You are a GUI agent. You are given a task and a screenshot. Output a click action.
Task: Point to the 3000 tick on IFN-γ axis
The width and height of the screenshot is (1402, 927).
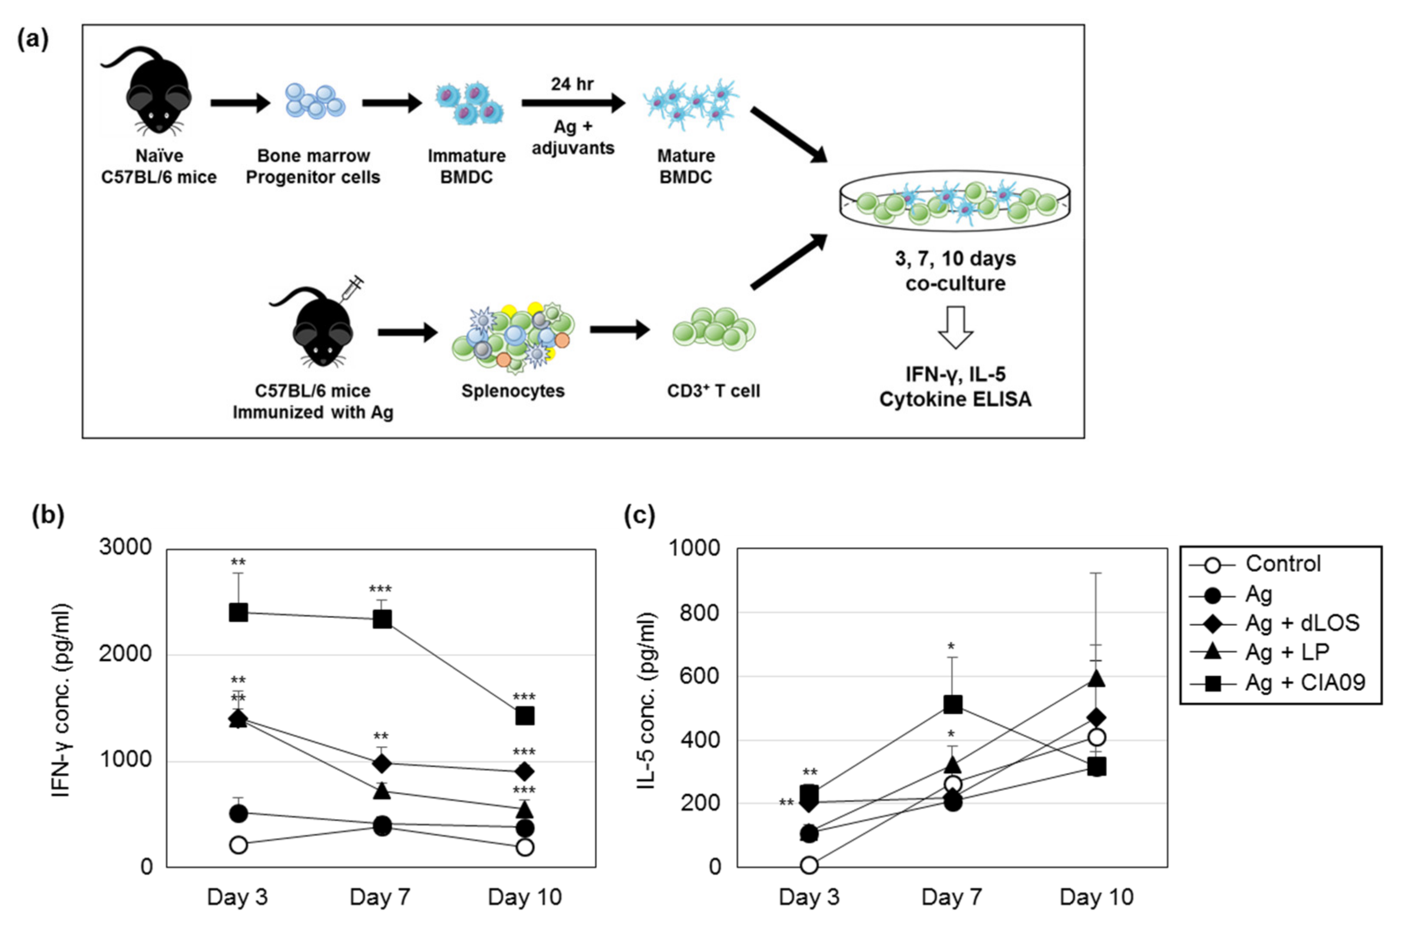pyautogui.click(x=126, y=547)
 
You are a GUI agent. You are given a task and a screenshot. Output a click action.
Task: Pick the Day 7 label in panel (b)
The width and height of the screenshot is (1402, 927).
pyautogui.click(x=380, y=897)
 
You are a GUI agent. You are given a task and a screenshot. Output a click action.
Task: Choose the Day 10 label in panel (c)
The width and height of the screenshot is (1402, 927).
pyautogui.click(x=1096, y=897)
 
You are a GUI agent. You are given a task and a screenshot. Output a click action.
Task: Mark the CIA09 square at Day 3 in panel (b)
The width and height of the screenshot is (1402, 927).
pyautogui.click(x=238, y=612)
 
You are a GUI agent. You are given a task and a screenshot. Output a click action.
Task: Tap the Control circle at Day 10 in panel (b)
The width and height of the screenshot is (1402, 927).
pyautogui.click(x=524, y=847)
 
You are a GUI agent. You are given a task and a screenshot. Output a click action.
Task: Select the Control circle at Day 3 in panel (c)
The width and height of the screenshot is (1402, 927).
pyautogui.click(x=809, y=865)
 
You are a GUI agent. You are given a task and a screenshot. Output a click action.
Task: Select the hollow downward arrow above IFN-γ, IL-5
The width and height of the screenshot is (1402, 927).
pyautogui.click(x=956, y=327)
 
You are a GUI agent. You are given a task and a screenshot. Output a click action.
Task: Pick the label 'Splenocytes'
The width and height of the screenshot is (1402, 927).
pyautogui.click(x=513, y=391)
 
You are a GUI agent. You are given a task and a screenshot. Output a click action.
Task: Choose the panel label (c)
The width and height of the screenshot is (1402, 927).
pyautogui.click(x=639, y=516)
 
